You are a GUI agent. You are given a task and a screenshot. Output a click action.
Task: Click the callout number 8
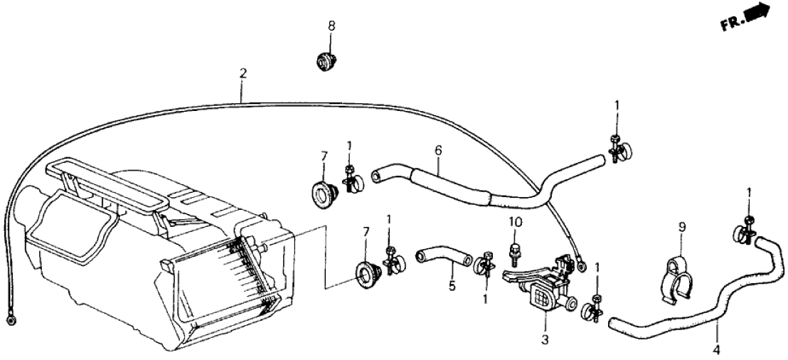pyautogui.click(x=331, y=26)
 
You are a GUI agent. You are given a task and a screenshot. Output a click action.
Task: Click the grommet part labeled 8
pyautogui.click(x=326, y=62)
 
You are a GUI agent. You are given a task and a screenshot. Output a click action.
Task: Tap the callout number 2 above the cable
pyautogui.click(x=243, y=73)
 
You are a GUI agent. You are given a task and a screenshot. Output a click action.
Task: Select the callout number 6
pyautogui.click(x=438, y=149)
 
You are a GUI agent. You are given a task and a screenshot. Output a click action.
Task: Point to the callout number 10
pyautogui.click(x=512, y=222)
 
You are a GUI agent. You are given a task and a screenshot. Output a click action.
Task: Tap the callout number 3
pyautogui.click(x=545, y=339)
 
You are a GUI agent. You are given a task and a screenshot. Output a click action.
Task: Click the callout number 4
pyautogui.click(x=717, y=348)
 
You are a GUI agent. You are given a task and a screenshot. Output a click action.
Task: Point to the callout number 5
pyautogui.click(x=452, y=287)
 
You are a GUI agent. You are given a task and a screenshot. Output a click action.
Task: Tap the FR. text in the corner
pyautogui.click(x=732, y=23)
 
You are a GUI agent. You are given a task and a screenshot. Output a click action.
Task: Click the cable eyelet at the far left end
pyautogui.click(x=9, y=319)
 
